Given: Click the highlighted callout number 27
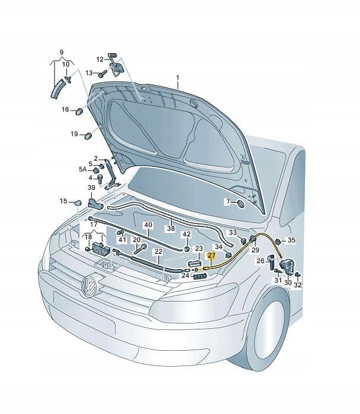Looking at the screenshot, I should [x=212, y=255].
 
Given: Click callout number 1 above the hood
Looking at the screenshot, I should [x=176, y=77].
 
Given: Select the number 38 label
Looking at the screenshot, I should [x=171, y=228].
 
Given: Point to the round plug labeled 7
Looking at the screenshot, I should [x=240, y=203].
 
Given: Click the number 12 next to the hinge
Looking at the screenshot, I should [x=100, y=59].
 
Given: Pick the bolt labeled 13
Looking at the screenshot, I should [x=102, y=73].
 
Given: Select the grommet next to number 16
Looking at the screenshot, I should [x=78, y=111].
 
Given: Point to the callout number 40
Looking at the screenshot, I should [x=148, y=225].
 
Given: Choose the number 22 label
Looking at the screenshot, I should [x=158, y=251].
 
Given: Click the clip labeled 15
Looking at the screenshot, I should [x=78, y=204].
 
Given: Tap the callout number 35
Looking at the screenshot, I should [x=291, y=240].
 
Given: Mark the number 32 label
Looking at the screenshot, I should [x=297, y=284].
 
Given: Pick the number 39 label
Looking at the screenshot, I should [x=92, y=187].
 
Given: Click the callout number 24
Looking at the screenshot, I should [x=185, y=275].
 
